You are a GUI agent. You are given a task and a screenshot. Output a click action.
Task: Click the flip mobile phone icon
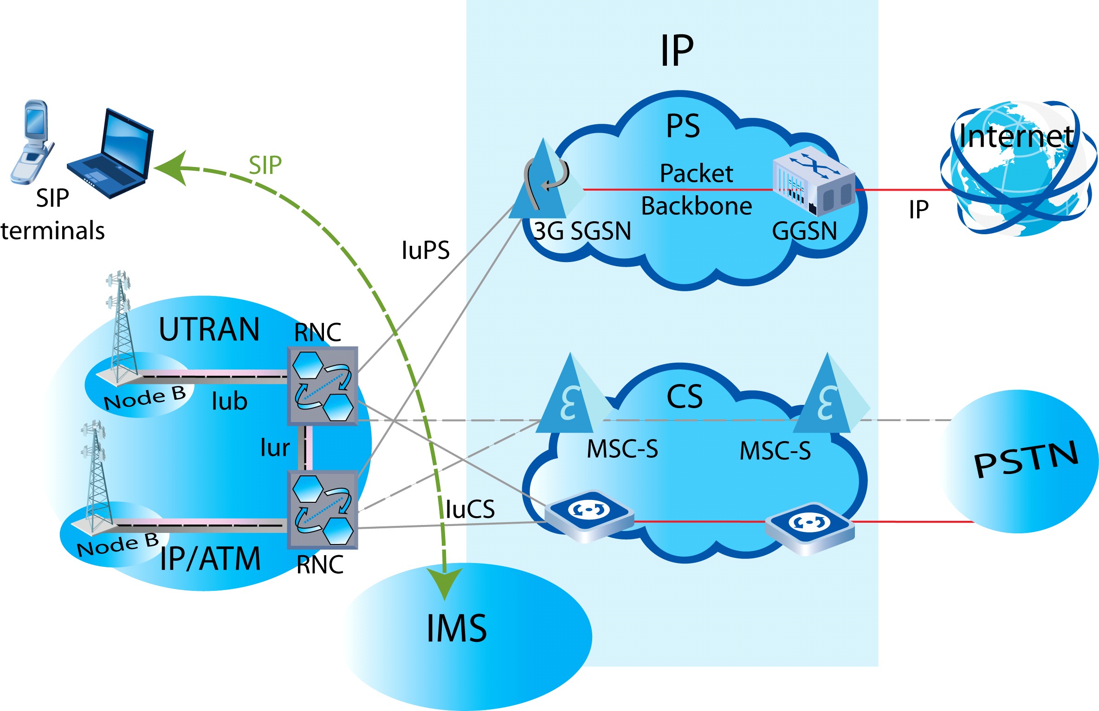pos(32,141)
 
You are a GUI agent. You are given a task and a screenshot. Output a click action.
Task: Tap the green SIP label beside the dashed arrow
pos(265,165)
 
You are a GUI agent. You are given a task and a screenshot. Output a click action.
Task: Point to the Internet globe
pos(1019,169)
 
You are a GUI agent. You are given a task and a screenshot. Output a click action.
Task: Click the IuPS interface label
pos(426,250)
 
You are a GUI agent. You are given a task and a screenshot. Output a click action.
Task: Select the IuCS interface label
pos(470,509)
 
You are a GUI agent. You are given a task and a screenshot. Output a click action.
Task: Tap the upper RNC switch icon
pos(323,386)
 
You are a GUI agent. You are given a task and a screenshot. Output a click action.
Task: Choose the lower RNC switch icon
pos(323,510)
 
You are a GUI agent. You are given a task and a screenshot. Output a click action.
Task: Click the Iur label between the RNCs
pos(275,448)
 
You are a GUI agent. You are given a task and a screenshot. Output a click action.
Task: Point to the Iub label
pos(229,401)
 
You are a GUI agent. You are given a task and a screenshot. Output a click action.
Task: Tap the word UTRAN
pos(209,330)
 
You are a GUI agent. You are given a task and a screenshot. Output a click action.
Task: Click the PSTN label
pos(1026,459)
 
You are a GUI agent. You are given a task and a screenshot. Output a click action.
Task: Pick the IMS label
pos(457,628)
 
